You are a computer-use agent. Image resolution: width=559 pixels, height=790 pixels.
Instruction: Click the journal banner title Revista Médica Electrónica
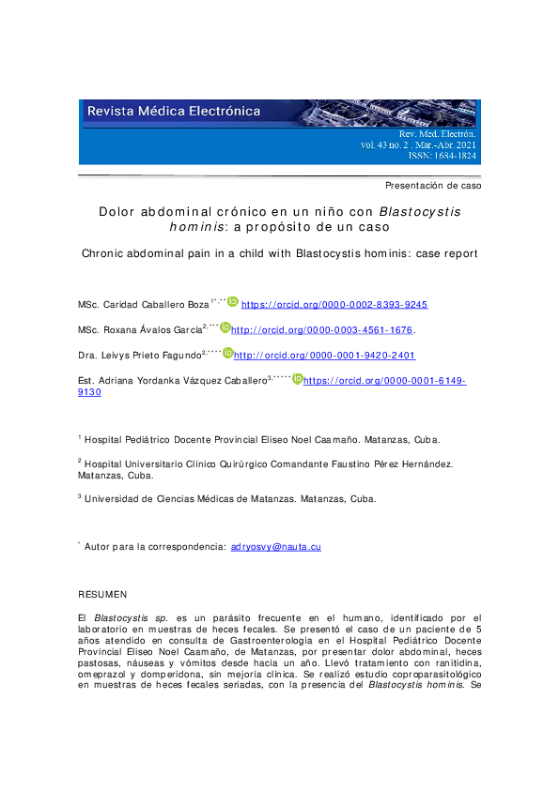[174, 111]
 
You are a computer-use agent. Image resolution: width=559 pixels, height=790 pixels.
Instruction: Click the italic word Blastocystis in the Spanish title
[420, 212]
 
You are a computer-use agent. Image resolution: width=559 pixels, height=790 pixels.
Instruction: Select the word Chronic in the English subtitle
[102, 253]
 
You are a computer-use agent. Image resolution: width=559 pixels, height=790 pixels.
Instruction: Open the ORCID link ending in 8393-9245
[334, 305]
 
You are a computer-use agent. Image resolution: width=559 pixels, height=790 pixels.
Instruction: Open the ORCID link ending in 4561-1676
[322, 330]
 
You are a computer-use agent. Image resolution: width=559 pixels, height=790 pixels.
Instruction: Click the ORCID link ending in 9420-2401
[324, 356]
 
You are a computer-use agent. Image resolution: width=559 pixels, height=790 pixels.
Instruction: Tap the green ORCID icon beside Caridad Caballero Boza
[233, 303]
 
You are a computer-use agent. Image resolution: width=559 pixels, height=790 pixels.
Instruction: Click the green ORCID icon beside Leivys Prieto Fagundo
[225, 354]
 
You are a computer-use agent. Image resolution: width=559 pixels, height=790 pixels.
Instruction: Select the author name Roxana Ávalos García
[139, 330]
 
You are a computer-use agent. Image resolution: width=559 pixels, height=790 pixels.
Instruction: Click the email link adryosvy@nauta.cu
[275, 546]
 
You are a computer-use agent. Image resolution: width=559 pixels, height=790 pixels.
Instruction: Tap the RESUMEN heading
[101, 595]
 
